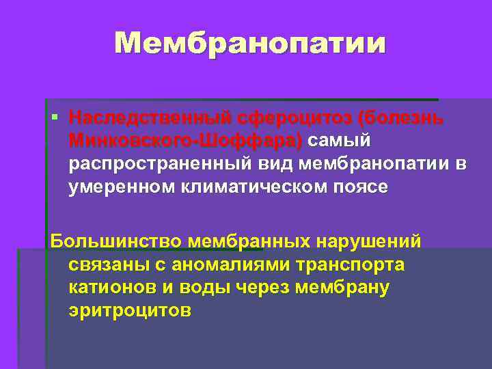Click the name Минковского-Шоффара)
(184, 141)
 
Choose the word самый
(340, 141)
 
